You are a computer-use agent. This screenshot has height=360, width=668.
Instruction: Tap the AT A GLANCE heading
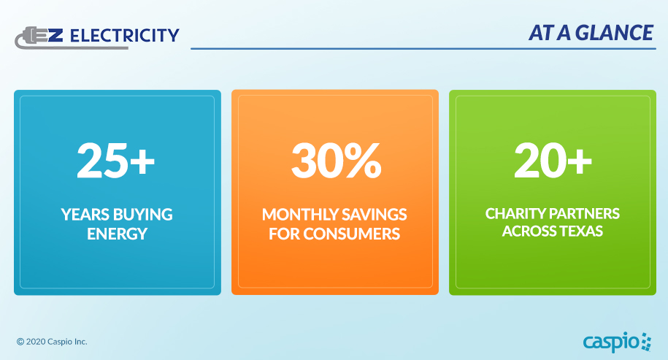pyautogui.click(x=591, y=33)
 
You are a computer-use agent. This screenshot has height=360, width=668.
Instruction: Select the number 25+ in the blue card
pyautogui.click(x=116, y=160)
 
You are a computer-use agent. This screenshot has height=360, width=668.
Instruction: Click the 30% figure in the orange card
pyautogui.click(x=335, y=160)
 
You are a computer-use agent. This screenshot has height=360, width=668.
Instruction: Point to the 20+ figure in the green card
pyautogui.click(x=552, y=160)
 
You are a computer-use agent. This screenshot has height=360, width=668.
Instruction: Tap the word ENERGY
pyautogui.click(x=117, y=234)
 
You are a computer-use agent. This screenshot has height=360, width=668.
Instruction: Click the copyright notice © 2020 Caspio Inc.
pyautogui.click(x=52, y=342)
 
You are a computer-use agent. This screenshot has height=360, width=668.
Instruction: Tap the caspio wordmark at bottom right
pyautogui.click(x=610, y=341)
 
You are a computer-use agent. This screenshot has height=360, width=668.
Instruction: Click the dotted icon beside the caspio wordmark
pyautogui.click(x=646, y=340)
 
